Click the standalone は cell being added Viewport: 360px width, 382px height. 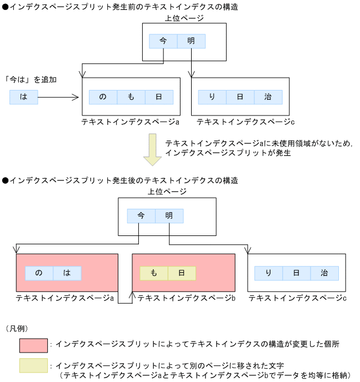coord(23,97)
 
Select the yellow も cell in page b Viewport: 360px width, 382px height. coord(154,273)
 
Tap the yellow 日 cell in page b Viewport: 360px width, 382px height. coord(182,273)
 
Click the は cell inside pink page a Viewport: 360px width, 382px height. coord(67,273)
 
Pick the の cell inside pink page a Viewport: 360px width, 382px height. coord(39,273)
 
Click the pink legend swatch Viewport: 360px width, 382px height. coord(33,345)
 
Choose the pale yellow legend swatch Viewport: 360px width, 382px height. coord(33,366)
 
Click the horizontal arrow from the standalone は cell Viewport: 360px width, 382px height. coord(58,98)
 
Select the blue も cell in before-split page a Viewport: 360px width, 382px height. coord(131,97)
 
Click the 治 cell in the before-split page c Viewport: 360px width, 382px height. coord(268,97)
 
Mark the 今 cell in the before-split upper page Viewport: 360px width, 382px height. coord(163,42)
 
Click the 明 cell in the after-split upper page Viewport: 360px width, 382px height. coord(169,216)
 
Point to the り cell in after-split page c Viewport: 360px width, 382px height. coord(268,273)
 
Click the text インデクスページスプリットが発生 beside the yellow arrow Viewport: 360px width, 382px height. coord(228,153)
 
